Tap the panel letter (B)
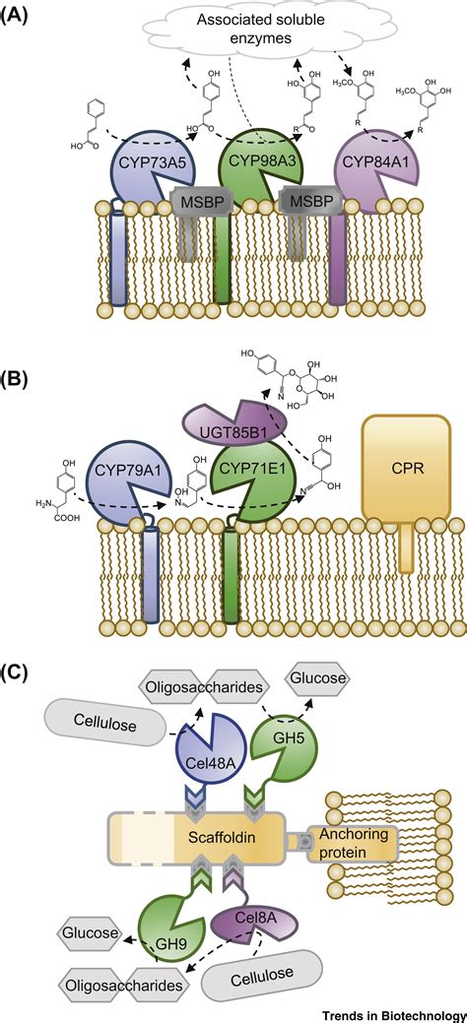(18, 377)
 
